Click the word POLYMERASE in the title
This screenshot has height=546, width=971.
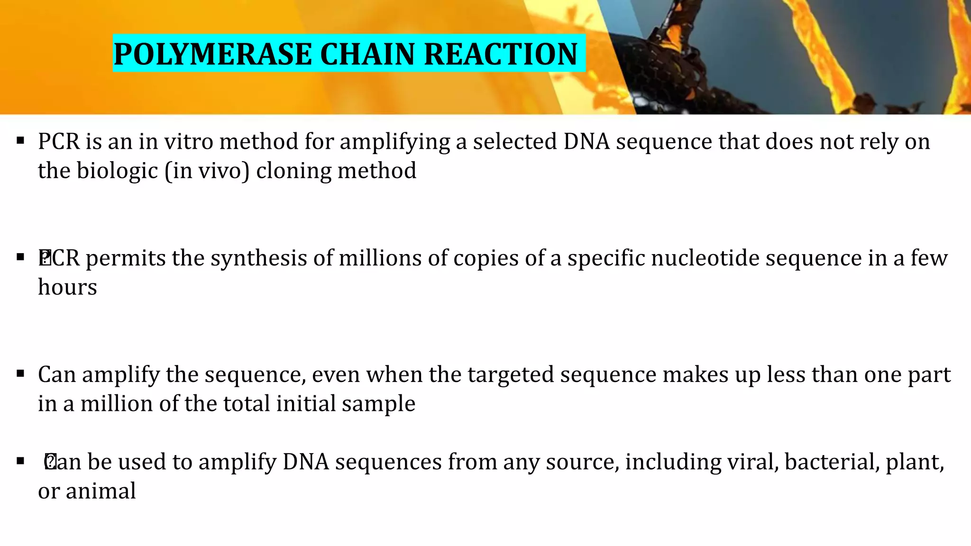[x=212, y=54]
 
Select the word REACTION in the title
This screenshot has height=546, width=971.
[x=501, y=54]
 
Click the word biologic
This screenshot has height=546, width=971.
[x=117, y=171]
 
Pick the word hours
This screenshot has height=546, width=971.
[x=67, y=287]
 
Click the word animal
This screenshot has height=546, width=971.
[x=101, y=491]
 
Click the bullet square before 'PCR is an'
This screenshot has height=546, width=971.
[x=20, y=141]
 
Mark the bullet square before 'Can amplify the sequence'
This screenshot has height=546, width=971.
[x=20, y=374]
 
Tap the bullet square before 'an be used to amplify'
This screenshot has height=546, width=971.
[x=20, y=461]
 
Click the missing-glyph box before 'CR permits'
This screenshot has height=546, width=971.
[x=45, y=257]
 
